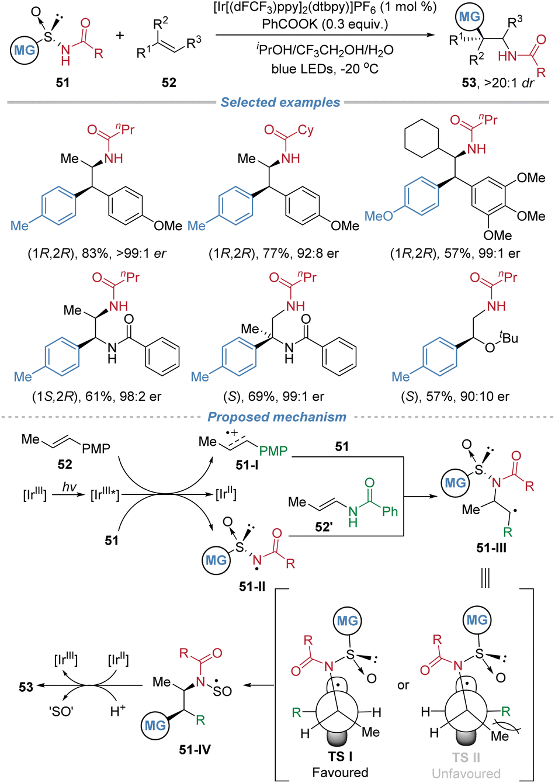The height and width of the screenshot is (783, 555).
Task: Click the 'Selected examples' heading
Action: point(280,102)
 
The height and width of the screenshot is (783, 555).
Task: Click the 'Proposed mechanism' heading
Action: point(277,417)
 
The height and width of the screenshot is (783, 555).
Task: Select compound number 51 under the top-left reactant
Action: point(63,83)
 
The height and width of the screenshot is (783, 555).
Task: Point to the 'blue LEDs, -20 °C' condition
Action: point(325,68)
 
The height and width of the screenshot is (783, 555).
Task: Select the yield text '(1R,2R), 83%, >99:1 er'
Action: point(97,254)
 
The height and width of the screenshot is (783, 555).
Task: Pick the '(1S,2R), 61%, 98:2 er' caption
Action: point(96,397)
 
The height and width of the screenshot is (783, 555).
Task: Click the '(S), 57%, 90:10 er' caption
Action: point(456,397)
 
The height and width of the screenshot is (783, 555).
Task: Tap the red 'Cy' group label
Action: point(306,130)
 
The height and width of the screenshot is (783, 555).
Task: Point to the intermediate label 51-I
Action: point(247,465)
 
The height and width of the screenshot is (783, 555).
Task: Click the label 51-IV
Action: point(195,750)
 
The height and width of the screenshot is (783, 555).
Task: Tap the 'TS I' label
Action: point(340,757)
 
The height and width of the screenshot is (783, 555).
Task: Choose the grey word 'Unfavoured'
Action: point(466,774)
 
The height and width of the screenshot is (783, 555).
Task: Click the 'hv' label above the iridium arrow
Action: point(69,487)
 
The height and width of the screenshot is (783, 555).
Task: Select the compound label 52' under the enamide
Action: point(323,526)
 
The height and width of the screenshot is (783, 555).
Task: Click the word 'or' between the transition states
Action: point(403,685)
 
